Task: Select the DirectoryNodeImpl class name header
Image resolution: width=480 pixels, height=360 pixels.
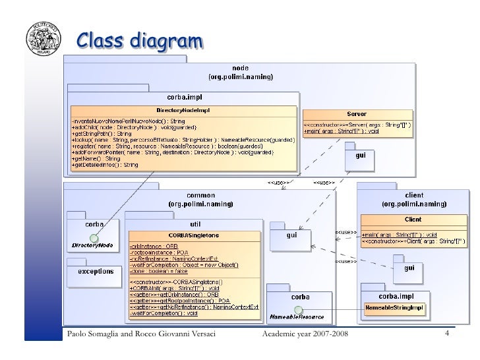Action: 183,110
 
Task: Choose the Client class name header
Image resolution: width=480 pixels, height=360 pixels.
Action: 413,219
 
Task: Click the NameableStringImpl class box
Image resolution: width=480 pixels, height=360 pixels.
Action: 394,308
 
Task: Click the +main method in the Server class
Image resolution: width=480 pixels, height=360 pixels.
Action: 341,131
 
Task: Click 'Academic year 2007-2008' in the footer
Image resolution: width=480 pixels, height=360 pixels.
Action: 305,338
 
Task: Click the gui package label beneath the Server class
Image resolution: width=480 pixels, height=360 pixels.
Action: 361,156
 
